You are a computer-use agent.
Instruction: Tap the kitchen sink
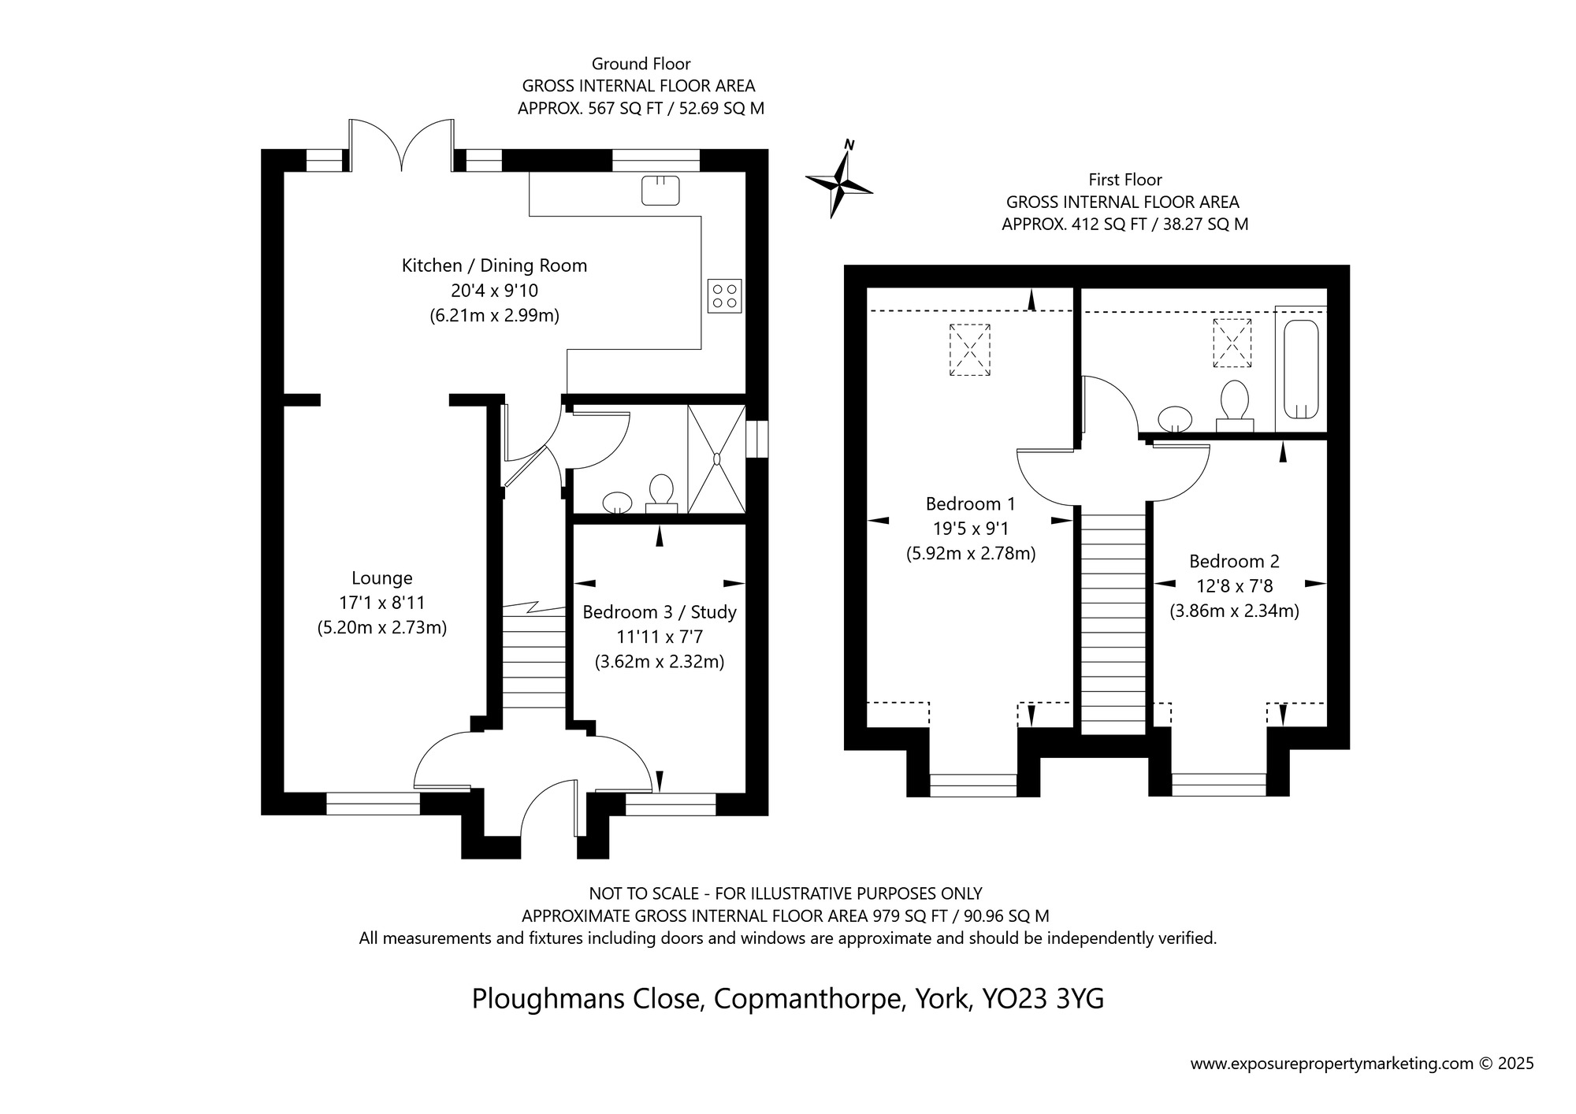point(660,190)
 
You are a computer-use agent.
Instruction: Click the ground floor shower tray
point(716,459)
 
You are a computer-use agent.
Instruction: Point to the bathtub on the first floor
point(1301,369)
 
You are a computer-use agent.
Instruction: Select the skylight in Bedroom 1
point(969,350)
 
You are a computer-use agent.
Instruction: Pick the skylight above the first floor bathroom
point(1232,343)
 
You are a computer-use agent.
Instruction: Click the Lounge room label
point(382,578)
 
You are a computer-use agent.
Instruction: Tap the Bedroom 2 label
point(1234,562)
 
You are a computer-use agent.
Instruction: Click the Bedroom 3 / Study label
point(660,612)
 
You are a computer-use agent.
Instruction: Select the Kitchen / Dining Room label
point(495,266)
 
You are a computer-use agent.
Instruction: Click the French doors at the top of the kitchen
point(402,145)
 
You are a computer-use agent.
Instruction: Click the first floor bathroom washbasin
point(1175,418)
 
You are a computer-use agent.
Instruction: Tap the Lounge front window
point(373,804)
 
